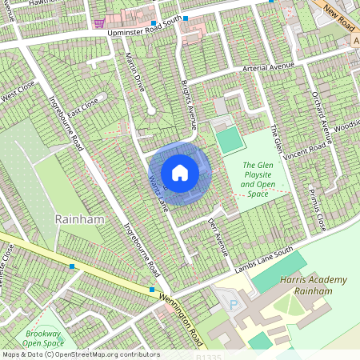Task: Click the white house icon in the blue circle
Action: tap(180, 172)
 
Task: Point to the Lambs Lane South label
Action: tap(265, 265)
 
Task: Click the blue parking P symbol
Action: tap(234, 305)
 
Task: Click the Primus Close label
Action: tap(317, 210)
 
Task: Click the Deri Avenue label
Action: tap(218, 236)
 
